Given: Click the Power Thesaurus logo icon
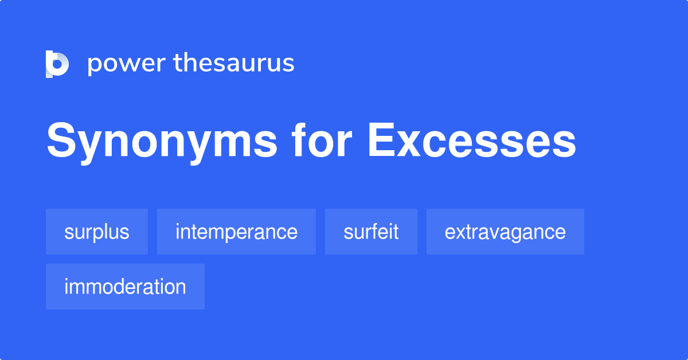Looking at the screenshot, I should pyautogui.click(x=57, y=64).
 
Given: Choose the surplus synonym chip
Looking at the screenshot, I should pyautogui.click(x=97, y=232).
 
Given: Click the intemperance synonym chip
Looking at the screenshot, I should pyautogui.click(x=236, y=232).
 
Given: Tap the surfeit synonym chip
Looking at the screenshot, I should pyautogui.click(x=371, y=232).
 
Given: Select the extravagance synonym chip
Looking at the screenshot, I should pyautogui.click(x=505, y=232).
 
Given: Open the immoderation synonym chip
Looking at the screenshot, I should pyautogui.click(x=125, y=287).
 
